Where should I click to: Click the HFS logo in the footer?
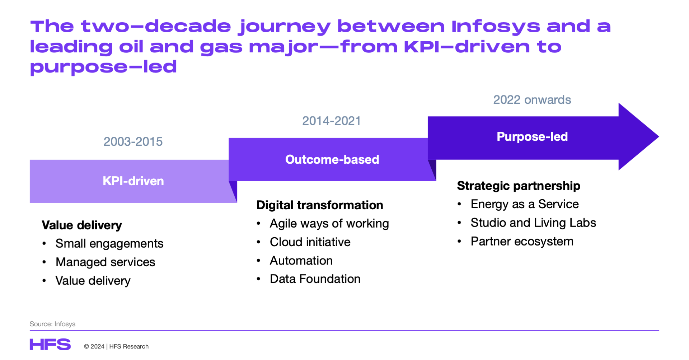tap(50, 345)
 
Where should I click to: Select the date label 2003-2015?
tap(133, 142)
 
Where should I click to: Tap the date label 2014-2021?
tap(331, 121)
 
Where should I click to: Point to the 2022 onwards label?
tap(532, 100)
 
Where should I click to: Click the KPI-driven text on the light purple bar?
tap(133, 181)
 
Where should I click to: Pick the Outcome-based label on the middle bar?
tap(332, 159)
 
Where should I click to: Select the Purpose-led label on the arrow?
tap(532, 136)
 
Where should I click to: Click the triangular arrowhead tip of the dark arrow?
tap(642, 137)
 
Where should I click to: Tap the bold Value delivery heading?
tap(82, 225)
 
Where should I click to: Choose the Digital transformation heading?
tap(319, 205)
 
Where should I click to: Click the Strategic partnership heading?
tap(518, 186)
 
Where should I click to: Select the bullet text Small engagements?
tap(109, 243)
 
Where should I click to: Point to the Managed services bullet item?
tap(105, 262)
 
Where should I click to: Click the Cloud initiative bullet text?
tap(310, 242)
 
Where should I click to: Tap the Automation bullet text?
tap(301, 261)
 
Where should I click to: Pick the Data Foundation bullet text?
tap(315, 279)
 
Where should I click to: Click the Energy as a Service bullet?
tap(524, 204)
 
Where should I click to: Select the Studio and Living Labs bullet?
tap(533, 223)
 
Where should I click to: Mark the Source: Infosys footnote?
tap(52, 324)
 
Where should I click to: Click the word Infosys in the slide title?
tap(496, 26)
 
